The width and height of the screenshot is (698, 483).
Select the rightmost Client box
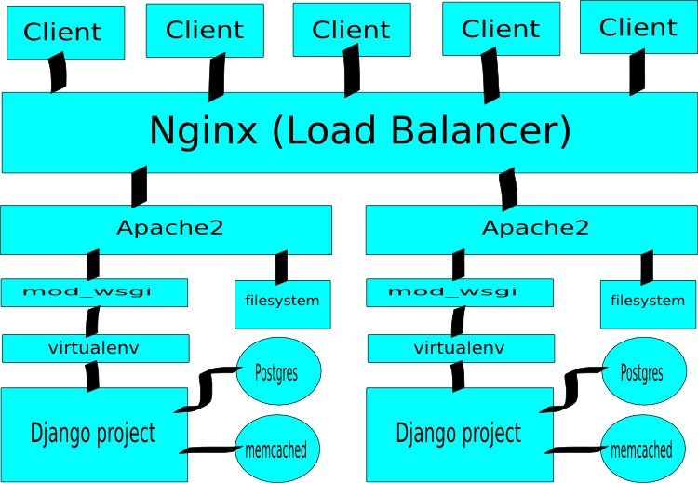click(x=638, y=27)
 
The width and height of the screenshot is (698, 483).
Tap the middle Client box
click(x=351, y=29)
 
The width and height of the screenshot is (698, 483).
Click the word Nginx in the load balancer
click(x=203, y=130)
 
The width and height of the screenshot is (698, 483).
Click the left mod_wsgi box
click(x=94, y=292)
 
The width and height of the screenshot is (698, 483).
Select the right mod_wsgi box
click(x=460, y=292)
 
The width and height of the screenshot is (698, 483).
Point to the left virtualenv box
click(x=95, y=349)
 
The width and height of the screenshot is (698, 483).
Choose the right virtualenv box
click(x=461, y=349)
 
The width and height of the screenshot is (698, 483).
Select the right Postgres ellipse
click(x=642, y=372)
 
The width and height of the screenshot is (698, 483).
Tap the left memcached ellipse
click(x=276, y=450)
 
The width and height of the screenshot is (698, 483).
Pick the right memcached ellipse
click(x=642, y=450)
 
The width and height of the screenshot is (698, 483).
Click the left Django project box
click(x=93, y=433)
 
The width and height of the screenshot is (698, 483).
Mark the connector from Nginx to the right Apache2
click(x=508, y=189)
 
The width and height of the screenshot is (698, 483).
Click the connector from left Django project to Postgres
click(x=208, y=389)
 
